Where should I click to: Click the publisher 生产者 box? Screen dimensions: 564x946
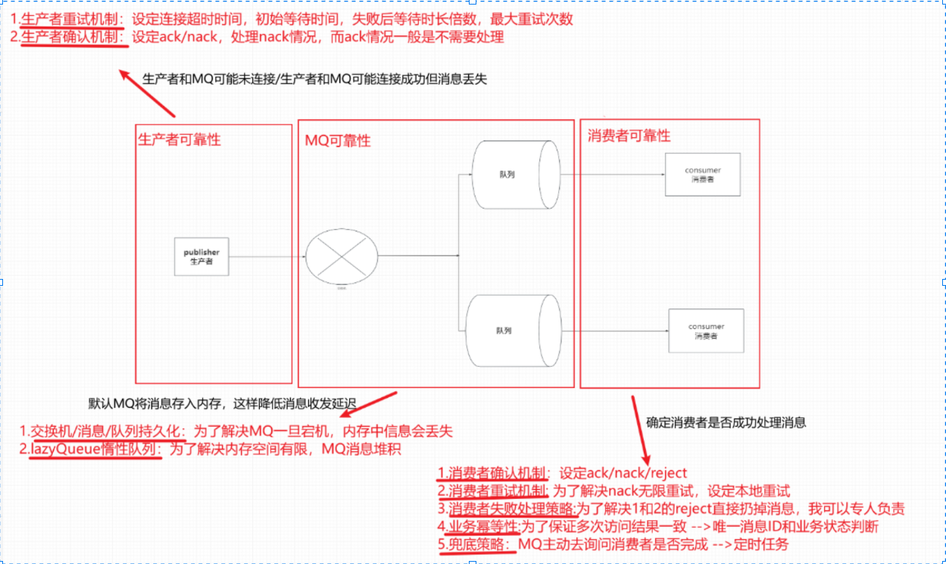(201, 256)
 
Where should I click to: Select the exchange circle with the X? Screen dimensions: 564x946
(342, 257)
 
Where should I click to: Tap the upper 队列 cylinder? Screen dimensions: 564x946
(515, 174)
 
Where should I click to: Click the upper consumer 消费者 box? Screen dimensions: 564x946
(702, 174)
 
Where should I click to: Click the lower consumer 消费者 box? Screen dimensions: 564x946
(706, 331)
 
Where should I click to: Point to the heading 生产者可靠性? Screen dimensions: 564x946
(180, 139)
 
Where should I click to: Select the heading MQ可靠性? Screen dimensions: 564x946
(338, 141)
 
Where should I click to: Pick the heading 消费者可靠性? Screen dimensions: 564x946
(629, 136)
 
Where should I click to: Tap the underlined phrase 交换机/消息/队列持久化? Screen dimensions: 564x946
(105, 431)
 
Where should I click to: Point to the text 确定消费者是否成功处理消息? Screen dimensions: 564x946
(726, 423)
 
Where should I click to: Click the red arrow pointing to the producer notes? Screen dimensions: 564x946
(147, 93)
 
